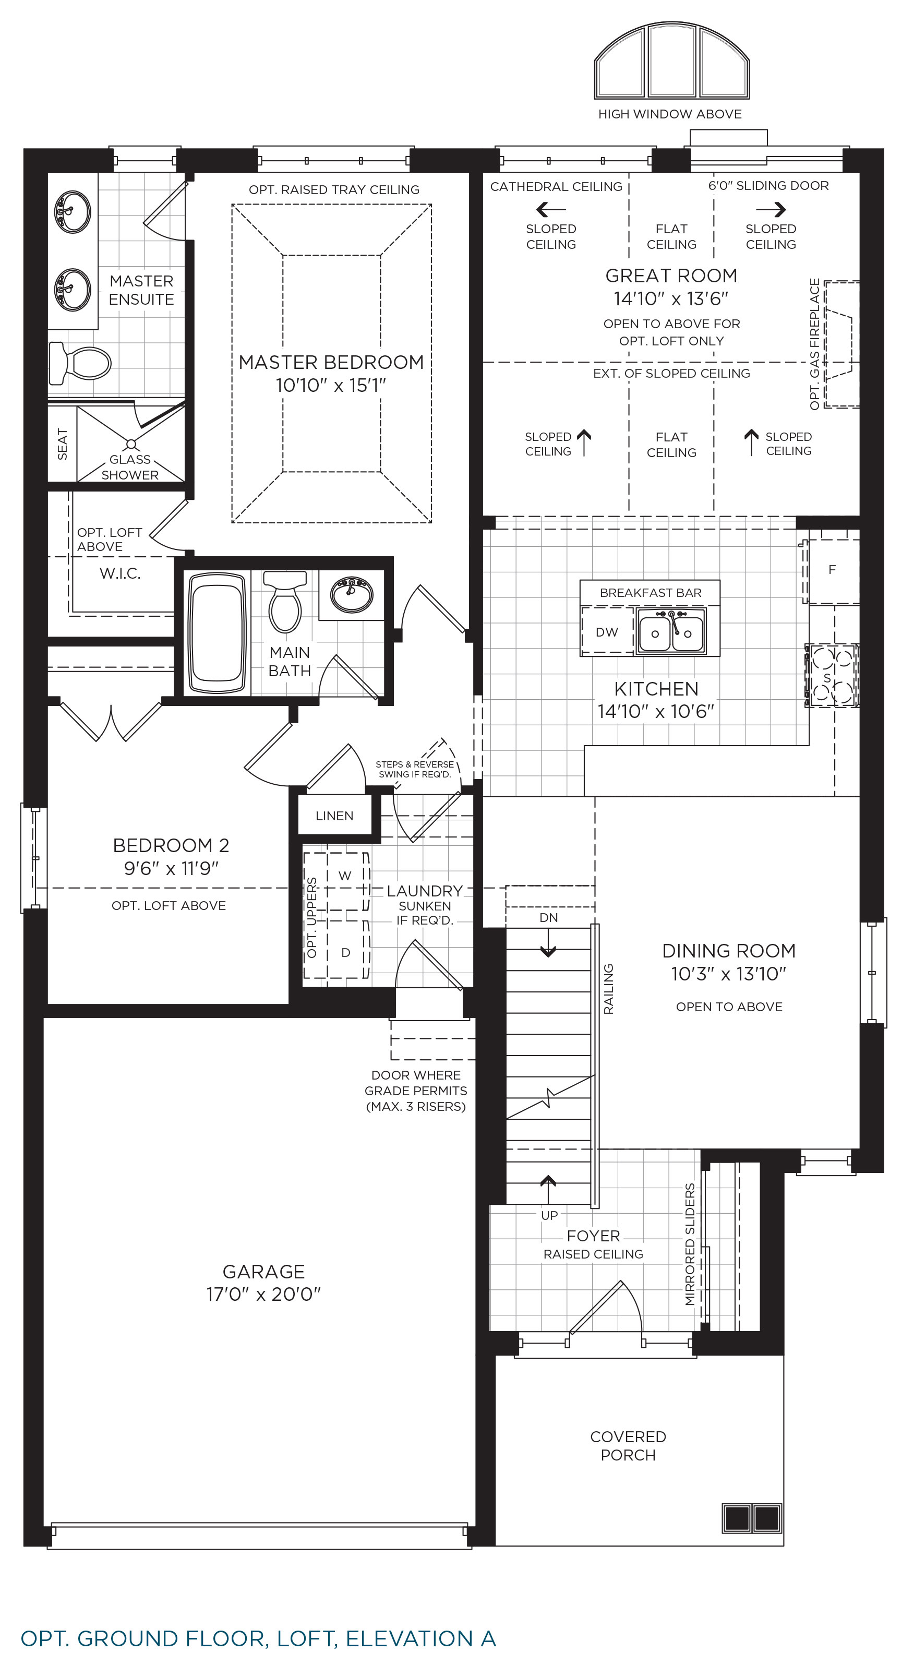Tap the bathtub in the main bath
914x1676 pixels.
click(217, 632)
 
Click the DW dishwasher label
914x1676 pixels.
click(607, 632)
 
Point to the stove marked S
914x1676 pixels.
click(832, 675)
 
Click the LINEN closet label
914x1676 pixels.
click(334, 816)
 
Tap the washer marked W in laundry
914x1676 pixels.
click(345, 875)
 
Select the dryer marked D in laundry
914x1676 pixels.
click(345, 952)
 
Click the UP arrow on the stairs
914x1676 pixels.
click(548, 1189)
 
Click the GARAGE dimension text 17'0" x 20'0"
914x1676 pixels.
click(263, 1294)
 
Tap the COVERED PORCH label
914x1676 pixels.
click(628, 1446)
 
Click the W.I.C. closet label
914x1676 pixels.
click(119, 573)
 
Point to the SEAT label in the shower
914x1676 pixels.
click(63, 444)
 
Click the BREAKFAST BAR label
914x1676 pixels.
click(651, 593)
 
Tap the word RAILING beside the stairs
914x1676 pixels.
click(608, 989)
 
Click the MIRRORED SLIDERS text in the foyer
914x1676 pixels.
click(690, 1244)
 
